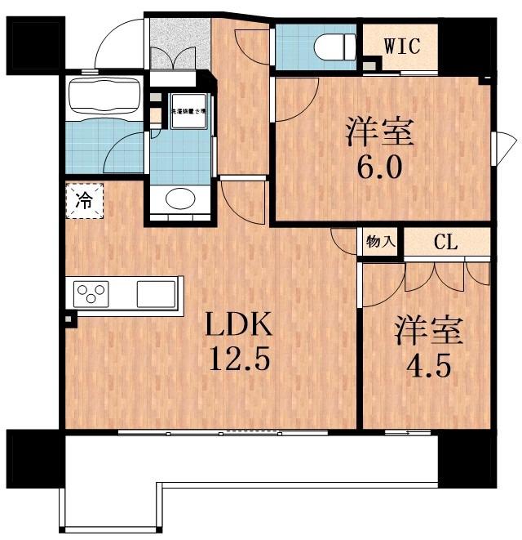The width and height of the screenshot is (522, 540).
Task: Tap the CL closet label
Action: pos(445,243)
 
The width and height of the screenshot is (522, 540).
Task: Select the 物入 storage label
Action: pos(381,242)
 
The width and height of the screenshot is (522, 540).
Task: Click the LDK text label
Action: pos(237,327)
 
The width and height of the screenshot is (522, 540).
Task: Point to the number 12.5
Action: pos(238,360)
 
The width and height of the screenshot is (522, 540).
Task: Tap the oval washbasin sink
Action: pos(179,199)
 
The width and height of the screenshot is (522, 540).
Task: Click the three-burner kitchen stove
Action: pos(92,292)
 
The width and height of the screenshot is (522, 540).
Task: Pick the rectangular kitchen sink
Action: pos(155,292)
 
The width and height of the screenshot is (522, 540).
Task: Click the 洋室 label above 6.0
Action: pos(380,131)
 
